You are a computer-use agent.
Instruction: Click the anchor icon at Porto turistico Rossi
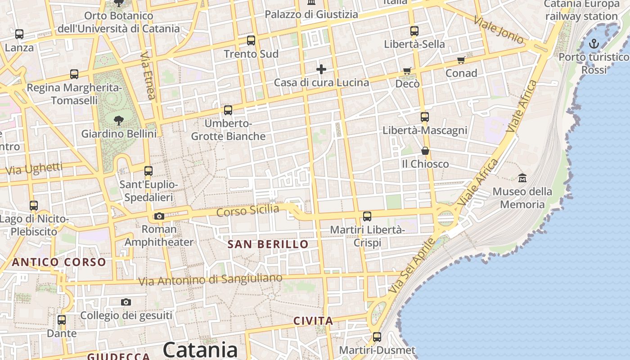[594, 44]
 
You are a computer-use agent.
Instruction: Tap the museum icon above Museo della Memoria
[522, 178]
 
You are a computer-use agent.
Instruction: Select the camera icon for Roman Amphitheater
[159, 216]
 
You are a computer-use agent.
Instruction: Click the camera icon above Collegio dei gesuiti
[126, 302]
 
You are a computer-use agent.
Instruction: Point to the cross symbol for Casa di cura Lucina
[321, 69]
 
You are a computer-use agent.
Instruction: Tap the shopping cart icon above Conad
[461, 60]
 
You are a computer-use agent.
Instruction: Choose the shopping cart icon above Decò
[407, 71]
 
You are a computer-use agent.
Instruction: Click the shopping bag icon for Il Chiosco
[425, 151]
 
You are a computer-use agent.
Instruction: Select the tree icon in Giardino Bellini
[119, 120]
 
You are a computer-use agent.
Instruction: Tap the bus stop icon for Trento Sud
[251, 40]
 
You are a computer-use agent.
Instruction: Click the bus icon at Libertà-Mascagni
[425, 117]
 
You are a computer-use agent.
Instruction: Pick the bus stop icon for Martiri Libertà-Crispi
[367, 216]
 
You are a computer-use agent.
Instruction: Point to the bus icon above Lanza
[19, 34]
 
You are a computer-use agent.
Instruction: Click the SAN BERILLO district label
[268, 244]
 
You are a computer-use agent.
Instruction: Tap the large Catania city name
[200, 350]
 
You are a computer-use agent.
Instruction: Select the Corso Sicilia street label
[247, 210]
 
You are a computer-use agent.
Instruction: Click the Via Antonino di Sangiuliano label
[210, 279]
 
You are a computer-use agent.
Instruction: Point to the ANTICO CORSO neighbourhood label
[59, 262]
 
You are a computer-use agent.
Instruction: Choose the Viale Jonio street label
[499, 30]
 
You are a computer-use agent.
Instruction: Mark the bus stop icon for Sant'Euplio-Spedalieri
[148, 171]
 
